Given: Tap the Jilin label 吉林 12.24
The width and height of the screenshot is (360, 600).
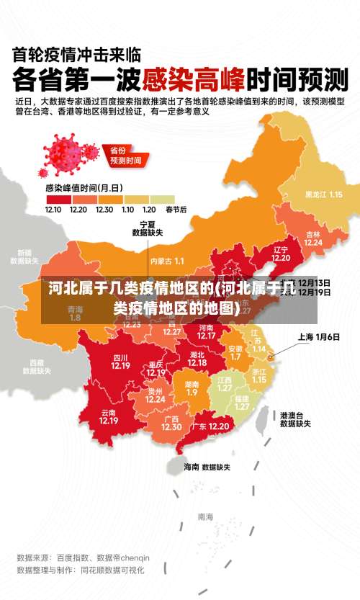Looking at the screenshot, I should coord(313,238).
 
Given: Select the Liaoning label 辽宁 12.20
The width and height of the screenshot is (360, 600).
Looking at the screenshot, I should coord(281,254).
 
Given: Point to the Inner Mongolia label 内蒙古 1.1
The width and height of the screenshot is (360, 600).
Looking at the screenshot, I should coord(167,260).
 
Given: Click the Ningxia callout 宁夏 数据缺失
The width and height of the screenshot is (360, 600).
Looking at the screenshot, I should coord(148,228).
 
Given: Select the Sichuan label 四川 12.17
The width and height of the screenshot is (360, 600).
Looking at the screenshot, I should coord(120,362).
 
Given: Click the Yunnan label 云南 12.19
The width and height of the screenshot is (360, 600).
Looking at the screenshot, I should coord(109,417).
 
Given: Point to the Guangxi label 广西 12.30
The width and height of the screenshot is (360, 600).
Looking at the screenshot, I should coord(171,423).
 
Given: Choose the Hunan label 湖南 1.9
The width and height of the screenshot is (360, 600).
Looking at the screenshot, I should coord(192,388).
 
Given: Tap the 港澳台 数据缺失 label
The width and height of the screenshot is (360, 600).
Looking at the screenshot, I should coord(296,420).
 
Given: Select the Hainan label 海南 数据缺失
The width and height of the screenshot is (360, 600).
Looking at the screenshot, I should coord(207,467).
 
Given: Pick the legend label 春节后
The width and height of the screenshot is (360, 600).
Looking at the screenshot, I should coord(176,210).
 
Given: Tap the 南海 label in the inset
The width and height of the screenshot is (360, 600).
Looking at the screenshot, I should coord(205,516).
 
